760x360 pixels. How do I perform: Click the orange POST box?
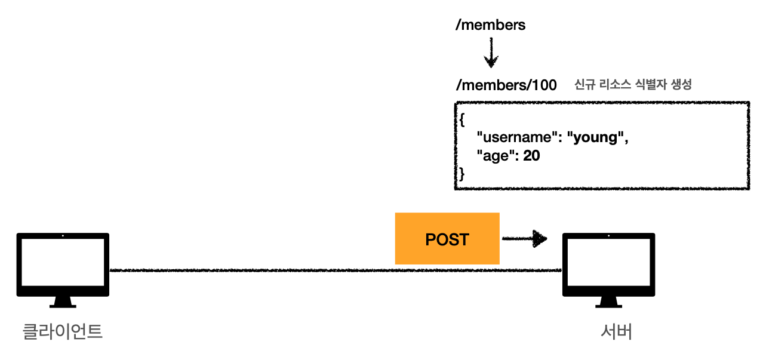447,239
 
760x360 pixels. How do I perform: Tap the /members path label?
490,24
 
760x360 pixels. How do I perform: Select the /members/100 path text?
506,85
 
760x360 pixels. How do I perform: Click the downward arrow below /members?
491,53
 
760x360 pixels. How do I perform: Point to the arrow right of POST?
525,239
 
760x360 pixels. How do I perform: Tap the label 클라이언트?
63,331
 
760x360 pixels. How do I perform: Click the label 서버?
617,331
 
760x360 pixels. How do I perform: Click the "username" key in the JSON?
516,137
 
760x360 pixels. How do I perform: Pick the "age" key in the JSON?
495,156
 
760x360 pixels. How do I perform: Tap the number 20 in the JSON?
531,156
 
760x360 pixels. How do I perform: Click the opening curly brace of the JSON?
462,119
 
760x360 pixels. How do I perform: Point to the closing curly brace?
461,174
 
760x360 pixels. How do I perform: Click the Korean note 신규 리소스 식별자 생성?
633,84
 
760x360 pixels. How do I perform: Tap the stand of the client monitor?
63,302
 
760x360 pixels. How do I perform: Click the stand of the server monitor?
609,302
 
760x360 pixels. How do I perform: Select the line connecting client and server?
336,270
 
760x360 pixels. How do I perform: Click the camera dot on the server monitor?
609,235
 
